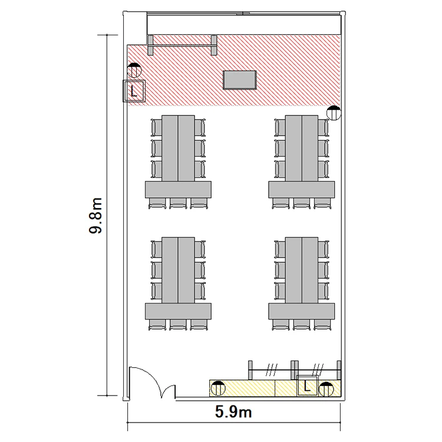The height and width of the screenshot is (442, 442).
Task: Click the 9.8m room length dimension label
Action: (x=95, y=216)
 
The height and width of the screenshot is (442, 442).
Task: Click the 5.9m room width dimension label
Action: (x=233, y=412)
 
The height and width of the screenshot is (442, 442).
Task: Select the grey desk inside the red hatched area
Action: (x=240, y=80)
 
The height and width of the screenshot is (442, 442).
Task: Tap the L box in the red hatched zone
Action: (x=134, y=91)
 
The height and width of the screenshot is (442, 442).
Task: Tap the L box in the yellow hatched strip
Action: (x=308, y=385)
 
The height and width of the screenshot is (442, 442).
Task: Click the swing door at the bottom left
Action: (x=152, y=383)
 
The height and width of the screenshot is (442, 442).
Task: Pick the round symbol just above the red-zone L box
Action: (x=134, y=70)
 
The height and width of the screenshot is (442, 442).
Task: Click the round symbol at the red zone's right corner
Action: (x=334, y=113)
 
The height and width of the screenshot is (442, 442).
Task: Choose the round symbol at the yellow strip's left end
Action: (x=218, y=388)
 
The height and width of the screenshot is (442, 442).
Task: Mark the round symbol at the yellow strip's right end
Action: (x=326, y=390)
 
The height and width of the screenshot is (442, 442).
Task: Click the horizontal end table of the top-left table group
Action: (x=178, y=189)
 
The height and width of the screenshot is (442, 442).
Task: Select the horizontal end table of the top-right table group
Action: (x=302, y=189)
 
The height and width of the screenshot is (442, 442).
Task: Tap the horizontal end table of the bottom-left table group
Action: (x=178, y=311)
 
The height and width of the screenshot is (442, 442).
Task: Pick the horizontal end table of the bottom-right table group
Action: (x=302, y=311)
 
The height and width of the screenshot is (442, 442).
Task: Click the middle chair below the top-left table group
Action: (x=178, y=203)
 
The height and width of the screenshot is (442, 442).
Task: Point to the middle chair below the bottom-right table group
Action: (x=302, y=325)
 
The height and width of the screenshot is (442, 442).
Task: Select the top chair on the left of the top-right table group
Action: (x=280, y=128)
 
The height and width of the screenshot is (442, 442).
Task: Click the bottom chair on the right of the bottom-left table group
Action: (x=200, y=291)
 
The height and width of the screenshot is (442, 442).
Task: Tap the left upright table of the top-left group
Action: (x=170, y=148)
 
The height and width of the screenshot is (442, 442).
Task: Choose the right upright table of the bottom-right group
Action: (x=310, y=270)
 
